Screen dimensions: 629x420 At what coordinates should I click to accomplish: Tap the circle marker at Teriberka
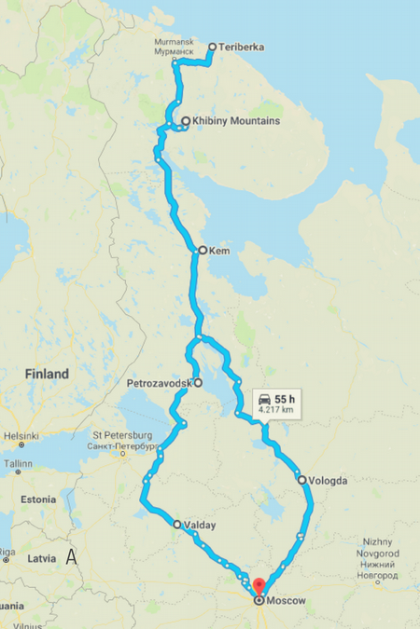(x=212, y=47)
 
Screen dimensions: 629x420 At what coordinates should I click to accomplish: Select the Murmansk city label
(x=175, y=48)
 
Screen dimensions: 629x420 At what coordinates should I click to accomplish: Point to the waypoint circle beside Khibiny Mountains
(x=186, y=121)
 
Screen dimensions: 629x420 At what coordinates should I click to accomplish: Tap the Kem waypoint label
(x=219, y=251)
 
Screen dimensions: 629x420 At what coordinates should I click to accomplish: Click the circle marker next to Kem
(x=202, y=251)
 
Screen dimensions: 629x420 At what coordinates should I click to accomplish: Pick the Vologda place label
(x=327, y=481)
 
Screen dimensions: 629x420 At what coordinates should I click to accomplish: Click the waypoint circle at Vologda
(x=301, y=480)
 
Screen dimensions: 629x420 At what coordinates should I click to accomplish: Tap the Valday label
(x=200, y=525)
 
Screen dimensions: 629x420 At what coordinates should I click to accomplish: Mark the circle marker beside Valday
(x=177, y=525)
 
